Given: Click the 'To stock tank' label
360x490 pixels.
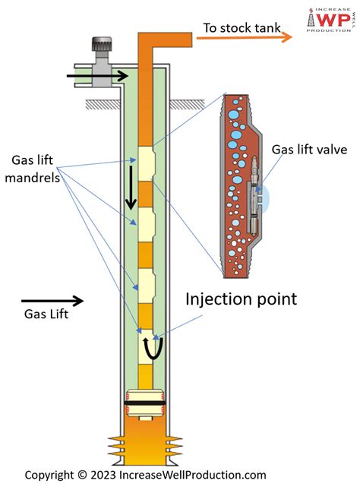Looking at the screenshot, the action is click(x=242, y=28).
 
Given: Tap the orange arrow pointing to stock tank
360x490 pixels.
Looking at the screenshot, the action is click(x=244, y=37).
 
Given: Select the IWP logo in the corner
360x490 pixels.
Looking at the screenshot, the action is click(x=330, y=20).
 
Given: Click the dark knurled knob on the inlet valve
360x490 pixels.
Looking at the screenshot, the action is click(x=102, y=44).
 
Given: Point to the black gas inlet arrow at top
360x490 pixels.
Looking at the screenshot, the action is click(x=97, y=76).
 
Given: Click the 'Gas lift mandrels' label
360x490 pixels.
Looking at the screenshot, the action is click(x=33, y=169).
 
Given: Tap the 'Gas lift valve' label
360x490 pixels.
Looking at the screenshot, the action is click(x=309, y=150).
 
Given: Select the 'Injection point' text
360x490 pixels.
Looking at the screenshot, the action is click(x=241, y=299).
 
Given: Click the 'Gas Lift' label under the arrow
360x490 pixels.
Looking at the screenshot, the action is click(x=46, y=314).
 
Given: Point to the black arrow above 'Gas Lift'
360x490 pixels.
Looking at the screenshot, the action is click(x=52, y=301).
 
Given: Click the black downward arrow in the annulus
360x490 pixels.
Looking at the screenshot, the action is click(x=131, y=188).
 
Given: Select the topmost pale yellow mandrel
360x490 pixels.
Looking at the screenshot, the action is click(x=147, y=164).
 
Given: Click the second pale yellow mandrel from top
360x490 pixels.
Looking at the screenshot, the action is click(x=147, y=225).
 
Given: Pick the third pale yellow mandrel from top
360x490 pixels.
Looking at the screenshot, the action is click(x=147, y=286).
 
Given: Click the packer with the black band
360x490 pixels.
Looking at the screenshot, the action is click(x=145, y=403).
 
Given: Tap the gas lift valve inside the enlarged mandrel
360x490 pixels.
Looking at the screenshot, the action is click(x=254, y=196).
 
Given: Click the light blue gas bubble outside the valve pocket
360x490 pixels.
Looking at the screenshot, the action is click(x=265, y=198).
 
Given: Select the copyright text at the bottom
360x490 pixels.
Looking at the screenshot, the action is click(x=145, y=475).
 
